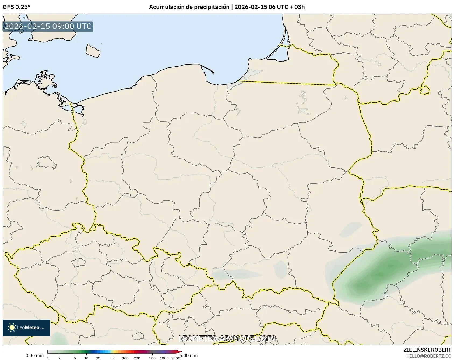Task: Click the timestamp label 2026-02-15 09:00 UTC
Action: [48, 27]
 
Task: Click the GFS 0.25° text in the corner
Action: [16, 7]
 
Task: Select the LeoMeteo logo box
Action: [26, 327]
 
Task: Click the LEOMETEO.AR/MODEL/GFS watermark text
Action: [227, 338]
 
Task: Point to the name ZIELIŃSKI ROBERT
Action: [427, 350]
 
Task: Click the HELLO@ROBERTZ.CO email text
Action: [429, 356]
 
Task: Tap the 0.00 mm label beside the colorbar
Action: [34, 356]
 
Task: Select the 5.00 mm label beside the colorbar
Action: [189, 356]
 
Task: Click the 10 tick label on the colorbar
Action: [86, 358]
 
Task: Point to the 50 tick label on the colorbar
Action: [114, 358]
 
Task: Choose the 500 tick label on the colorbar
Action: [152, 358]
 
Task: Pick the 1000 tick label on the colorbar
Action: [164, 358]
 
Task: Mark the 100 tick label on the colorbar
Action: [125, 358]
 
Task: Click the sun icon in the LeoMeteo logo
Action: [12, 327]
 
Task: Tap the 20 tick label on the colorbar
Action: [98, 358]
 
